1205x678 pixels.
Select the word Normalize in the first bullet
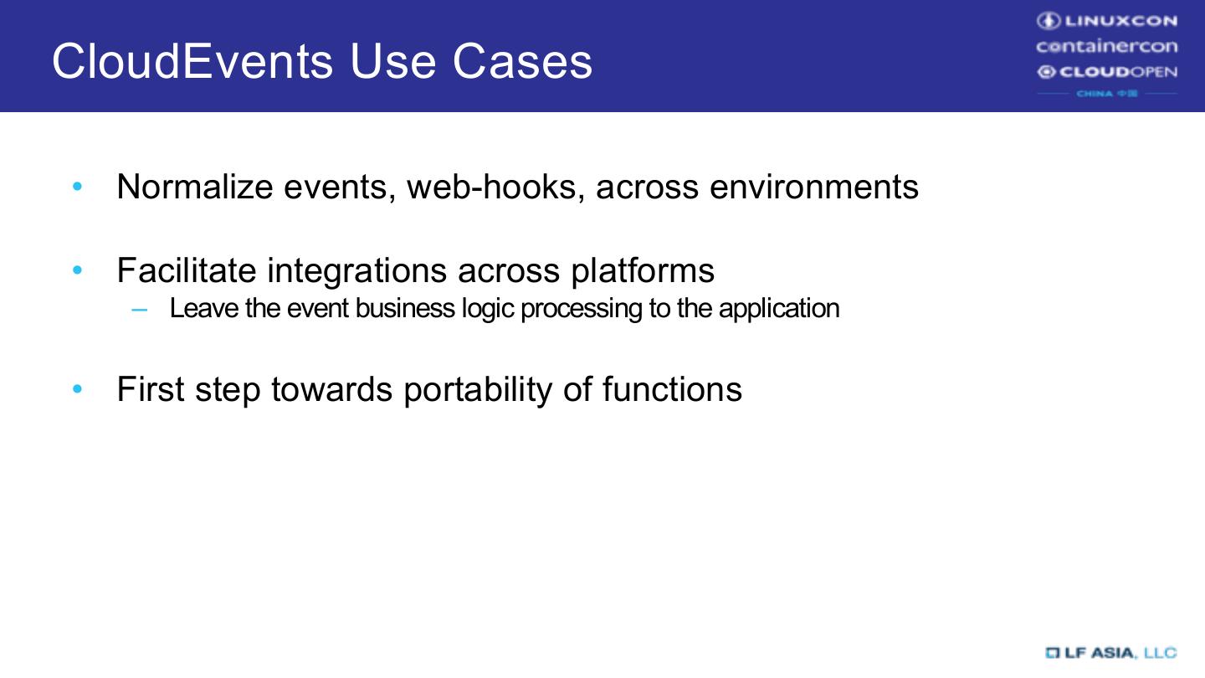[195, 186]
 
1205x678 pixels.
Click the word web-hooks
[495, 186]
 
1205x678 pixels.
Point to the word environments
[813, 186]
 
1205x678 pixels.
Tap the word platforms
[643, 270]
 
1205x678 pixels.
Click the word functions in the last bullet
[671, 389]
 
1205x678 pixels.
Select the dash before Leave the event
[139, 309]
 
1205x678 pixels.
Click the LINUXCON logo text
[1106, 21]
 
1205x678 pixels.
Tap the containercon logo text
[1106, 46]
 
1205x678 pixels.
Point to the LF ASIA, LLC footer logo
[1110, 652]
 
